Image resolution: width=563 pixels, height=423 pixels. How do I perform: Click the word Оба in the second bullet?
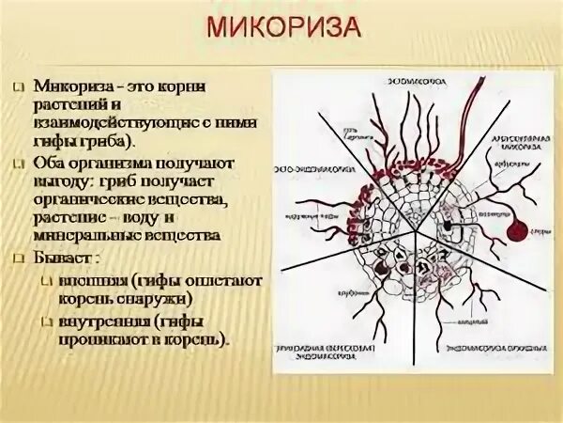(x=49, y=162)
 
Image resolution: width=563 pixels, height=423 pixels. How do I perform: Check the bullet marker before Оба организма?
(x=18, y=163)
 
